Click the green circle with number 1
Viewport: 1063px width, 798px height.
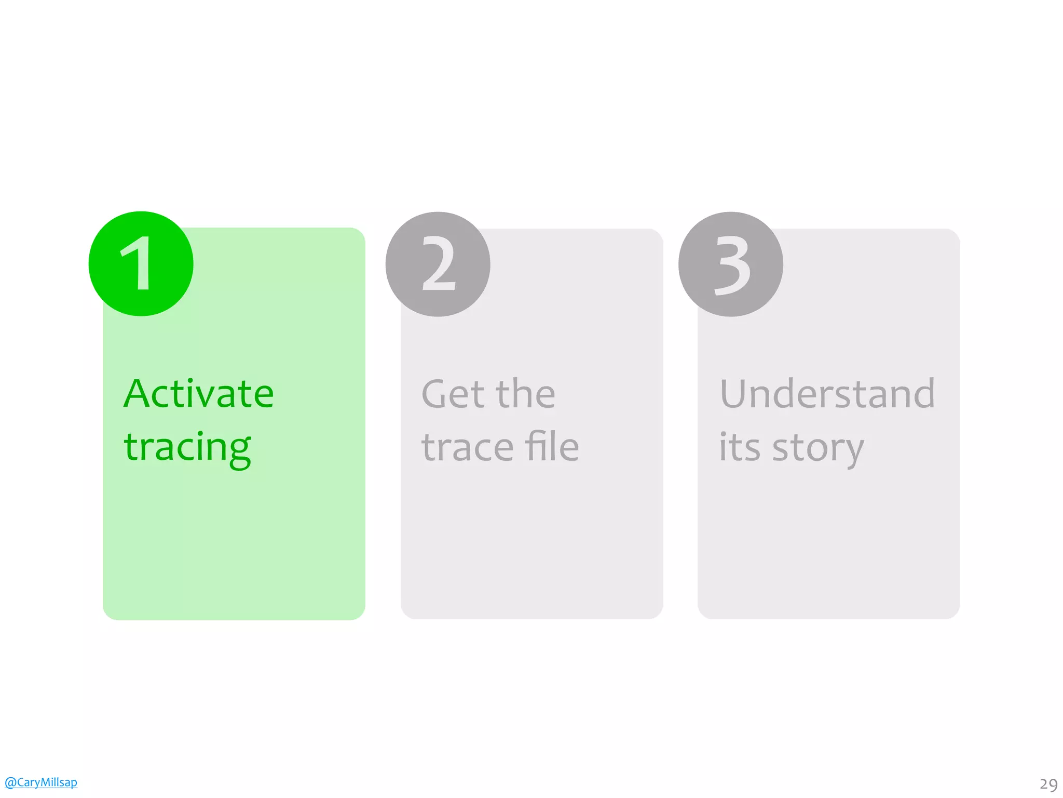[x=141, y=264]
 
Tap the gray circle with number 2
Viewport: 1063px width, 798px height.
[x=438, y=264]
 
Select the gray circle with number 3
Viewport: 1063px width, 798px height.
[x=731, y=264]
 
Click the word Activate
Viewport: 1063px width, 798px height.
[x=199, y=393]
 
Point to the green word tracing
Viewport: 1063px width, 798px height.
[x=187, y=448]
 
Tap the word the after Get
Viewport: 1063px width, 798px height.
[x=525, y=393]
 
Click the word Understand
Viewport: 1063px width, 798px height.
[x=827, y=393]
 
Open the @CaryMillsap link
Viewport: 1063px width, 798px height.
[x=41, y=782]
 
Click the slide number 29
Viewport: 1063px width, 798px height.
[x=1048, y=784]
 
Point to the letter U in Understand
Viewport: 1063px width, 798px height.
[x=735, y=393]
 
